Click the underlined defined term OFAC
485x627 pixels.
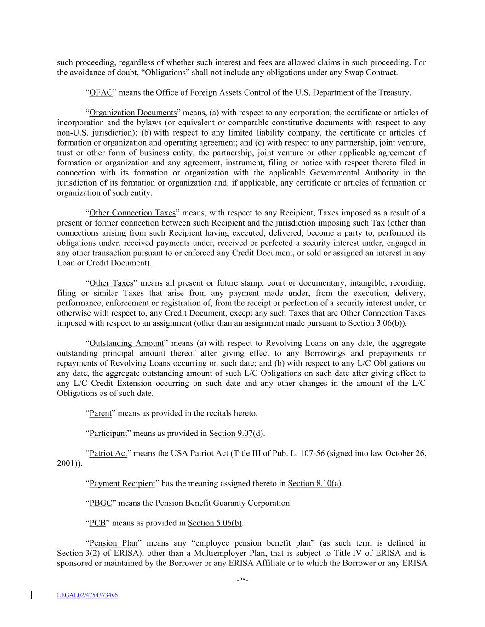(x=101, y=93)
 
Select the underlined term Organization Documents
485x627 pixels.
(x=133, y=113)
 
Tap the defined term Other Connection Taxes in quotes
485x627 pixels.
(x=132, y=213)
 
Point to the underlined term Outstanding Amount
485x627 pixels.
(x=126, y=344)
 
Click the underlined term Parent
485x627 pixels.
(x=100, y=413)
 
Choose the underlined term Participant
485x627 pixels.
(x=108, y=434)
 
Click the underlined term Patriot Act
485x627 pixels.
(x=108, y=454)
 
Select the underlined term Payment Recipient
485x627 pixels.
(x=122, y=484)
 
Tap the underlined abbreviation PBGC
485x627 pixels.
(x=101, y=503)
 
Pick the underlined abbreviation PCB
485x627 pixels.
(x=97, y=523)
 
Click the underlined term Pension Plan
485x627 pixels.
(x=114, y=543)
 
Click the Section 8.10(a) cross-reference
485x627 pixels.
(x=314, y=484)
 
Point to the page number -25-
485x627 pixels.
(x=242, y=580)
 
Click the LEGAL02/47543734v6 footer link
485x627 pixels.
(x=87, y=596)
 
